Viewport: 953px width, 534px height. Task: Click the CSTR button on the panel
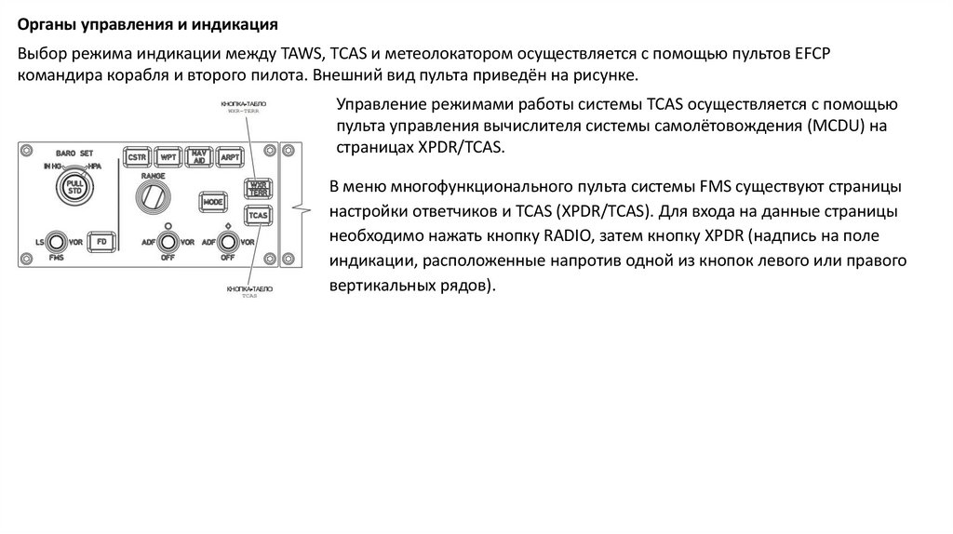[139, 157]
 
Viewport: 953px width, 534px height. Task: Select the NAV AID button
[198, 156]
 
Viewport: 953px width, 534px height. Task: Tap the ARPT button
[228, 157]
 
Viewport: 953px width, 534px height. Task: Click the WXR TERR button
[257, 189]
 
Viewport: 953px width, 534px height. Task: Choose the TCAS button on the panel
[257, 216]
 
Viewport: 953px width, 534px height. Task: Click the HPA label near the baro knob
[93, 166]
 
